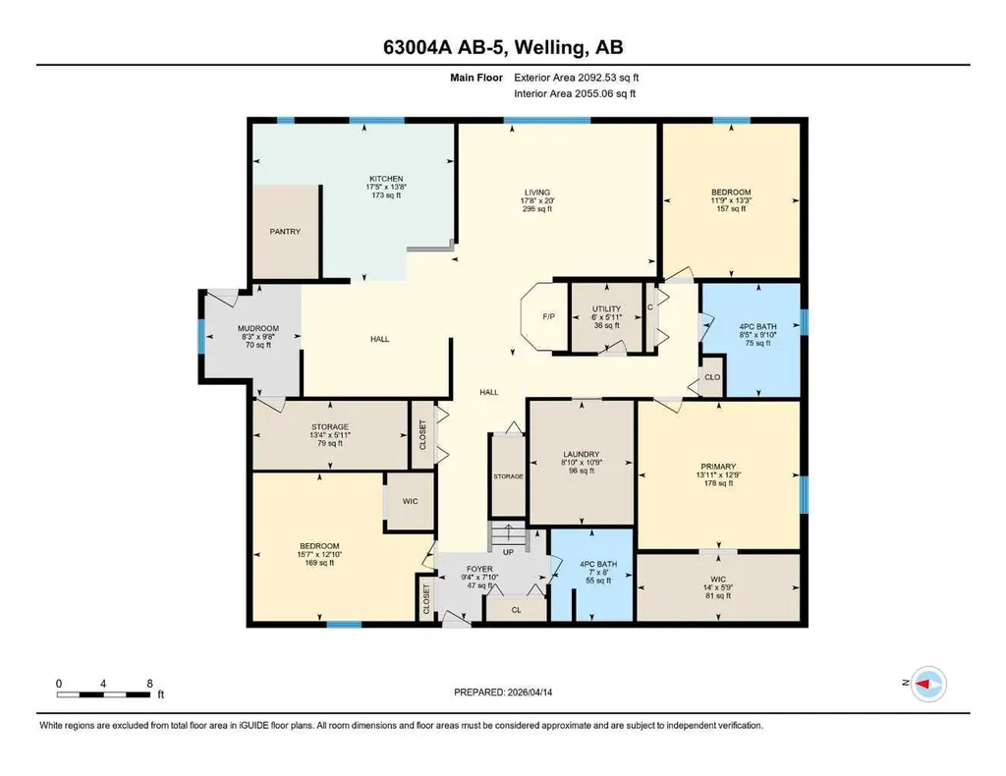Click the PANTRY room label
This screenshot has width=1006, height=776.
285,232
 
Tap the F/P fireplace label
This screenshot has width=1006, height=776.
548,317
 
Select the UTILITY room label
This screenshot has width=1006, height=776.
606,308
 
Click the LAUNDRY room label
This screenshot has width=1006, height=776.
582,454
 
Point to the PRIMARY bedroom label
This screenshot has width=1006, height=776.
718,467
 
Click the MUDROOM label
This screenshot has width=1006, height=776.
258,328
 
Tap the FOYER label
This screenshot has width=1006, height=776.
479,569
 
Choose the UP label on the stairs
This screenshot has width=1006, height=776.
508,552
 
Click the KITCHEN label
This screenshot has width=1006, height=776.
386,179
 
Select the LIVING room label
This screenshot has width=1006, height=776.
537,193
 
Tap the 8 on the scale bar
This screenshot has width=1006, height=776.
150,684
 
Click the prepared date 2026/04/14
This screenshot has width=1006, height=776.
530,693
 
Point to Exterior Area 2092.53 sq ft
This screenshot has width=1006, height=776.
576,78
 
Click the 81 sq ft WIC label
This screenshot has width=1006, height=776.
718,596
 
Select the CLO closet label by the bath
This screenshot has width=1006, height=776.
712,377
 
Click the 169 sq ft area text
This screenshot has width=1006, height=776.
319,563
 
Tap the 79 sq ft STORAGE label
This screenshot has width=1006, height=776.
330,443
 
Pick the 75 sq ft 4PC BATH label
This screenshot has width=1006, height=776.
757,343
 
